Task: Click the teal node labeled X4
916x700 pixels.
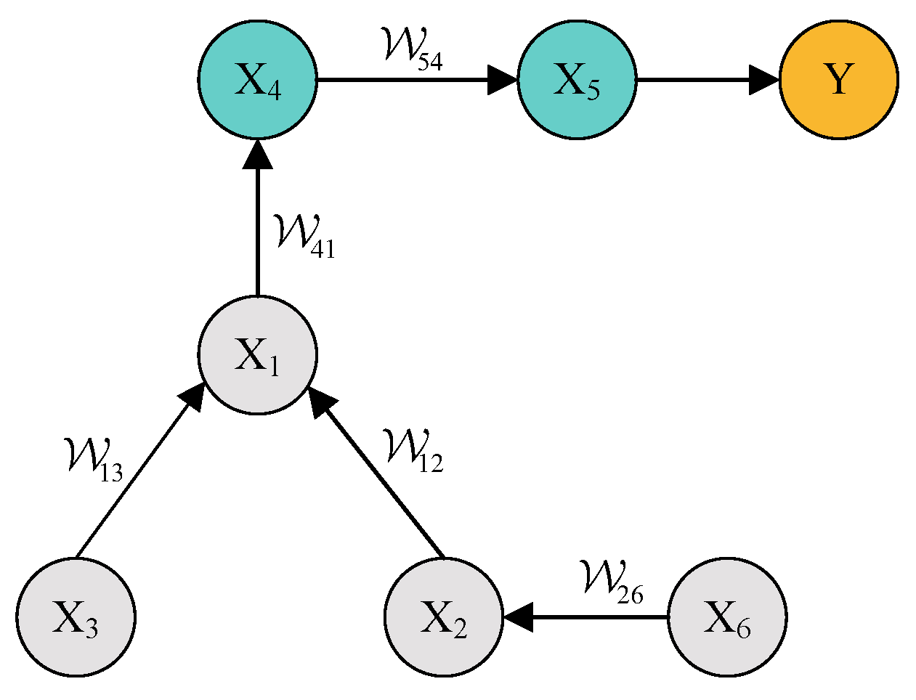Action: [x=257, y=79]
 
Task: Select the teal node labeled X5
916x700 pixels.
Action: [x=577, y=79]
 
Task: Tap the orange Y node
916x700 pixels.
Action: [x=838, y=79]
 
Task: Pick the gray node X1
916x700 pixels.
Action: [x=257, y=355]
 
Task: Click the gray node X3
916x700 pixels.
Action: [x=76, y=617]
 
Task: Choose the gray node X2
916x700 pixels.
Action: [x=443, y=617]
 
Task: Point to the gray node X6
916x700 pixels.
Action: [x=726, y=617]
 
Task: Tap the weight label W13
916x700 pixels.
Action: [x=93, y=459]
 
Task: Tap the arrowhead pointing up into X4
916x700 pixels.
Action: [x=257, y=154]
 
